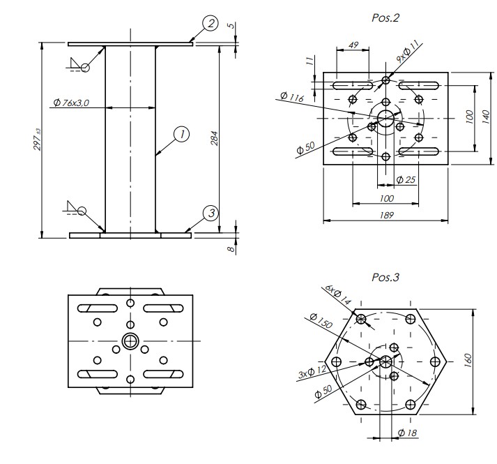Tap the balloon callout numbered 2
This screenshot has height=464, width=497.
click(x=211, y=24)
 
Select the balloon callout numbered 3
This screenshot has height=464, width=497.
click(x=211, y=213)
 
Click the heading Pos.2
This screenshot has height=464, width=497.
click(x=385, y=17)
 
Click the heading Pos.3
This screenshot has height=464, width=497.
click(x=385, y=277)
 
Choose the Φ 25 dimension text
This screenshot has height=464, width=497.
click(x=405, y=180)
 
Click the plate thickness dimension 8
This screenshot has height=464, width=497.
click(x=229, y=248)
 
